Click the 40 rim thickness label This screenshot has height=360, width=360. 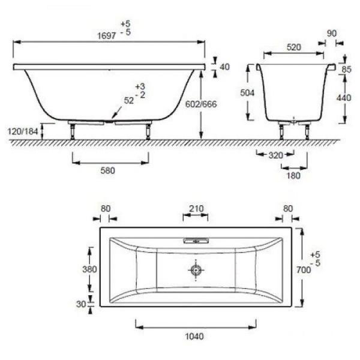click(224, 67)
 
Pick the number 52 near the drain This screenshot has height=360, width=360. click(128, 101)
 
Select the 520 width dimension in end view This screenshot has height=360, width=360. click(293, 46)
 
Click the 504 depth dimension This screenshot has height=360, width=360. click(247, 93)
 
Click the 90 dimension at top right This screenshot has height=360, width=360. click(332, 34)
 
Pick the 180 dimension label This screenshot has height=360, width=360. click(293, 175)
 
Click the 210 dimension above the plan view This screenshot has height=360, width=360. click(196, 209)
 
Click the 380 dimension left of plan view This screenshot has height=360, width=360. click(89, 269)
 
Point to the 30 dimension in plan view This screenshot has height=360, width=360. click(82, 304)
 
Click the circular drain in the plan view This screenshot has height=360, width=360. click(196, 271)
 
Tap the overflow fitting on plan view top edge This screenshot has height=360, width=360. click(196, 241)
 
